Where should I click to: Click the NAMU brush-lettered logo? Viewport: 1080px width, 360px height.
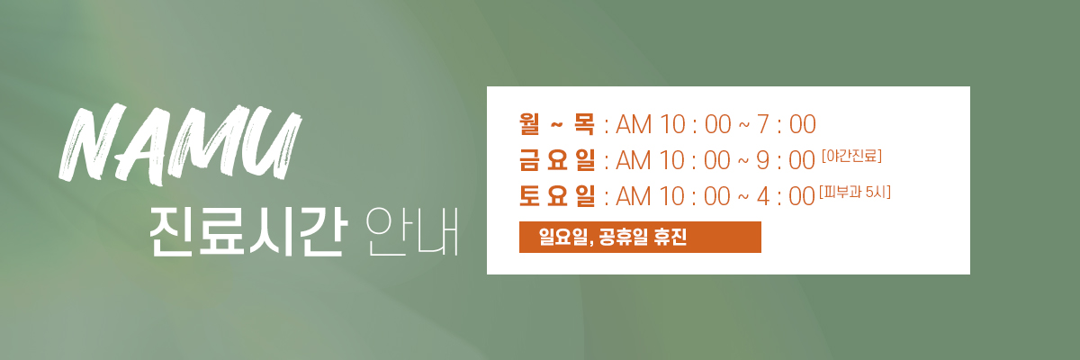(180, 144)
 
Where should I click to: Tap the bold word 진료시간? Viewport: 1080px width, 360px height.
(248, 232)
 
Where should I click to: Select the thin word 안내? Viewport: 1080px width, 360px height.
(412, 232)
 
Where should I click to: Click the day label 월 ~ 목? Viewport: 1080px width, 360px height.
(557, 124)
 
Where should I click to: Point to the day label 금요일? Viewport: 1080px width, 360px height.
(557, 160)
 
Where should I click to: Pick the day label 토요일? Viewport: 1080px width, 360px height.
(557, 196)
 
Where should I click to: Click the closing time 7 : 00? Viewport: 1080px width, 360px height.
(787, 124)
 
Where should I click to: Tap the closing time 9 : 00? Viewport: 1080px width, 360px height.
(786, 160)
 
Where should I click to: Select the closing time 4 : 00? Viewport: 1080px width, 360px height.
(786, 196)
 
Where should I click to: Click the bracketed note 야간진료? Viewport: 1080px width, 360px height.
(852, 156)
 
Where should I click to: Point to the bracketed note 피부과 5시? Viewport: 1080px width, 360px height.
(855, 193)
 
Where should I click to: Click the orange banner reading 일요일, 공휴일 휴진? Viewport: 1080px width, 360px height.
(640, 237)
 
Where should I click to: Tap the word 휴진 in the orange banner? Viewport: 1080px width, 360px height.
(670, 237)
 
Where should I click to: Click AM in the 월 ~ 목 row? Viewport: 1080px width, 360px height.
(634, 124)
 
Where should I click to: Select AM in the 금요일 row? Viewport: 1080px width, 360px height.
(634, 160)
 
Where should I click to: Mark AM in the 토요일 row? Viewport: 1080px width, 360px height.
(634, 196)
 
